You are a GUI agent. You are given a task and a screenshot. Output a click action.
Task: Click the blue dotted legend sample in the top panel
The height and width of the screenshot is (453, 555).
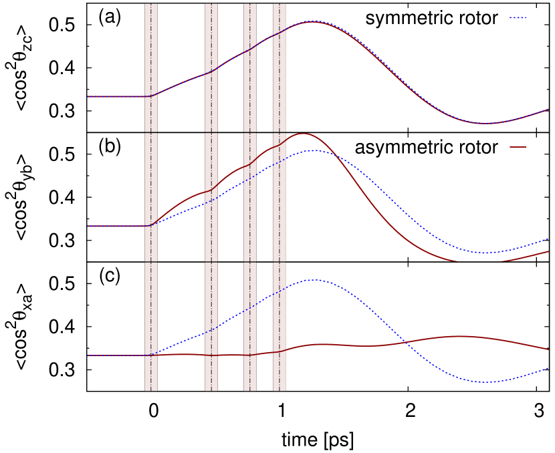pyautogui.click(x=518, y=18)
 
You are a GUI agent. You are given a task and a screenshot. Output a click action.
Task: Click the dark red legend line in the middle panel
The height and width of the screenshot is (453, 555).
pyautogui.click(x=518, y=147)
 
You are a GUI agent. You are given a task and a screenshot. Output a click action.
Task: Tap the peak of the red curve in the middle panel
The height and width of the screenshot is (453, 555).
pyautogui.click(x=302, y=134)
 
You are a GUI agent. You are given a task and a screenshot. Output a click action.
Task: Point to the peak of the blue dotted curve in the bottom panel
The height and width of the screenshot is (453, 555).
pyautogui.click(x=313, y=280)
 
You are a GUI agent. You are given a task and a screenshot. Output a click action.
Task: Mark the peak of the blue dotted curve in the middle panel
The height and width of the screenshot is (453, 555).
pyautogui.click(x=313, y=150)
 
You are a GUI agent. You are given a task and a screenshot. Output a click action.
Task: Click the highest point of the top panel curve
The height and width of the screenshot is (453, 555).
pyautogui.click(x=313, y=21)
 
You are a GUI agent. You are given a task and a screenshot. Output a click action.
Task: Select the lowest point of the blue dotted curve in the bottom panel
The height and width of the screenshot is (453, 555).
pyautogui.click(x=484, y=382)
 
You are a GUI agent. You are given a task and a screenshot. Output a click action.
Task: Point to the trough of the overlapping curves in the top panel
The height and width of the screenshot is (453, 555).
pyautogui.click(x=484, y=124)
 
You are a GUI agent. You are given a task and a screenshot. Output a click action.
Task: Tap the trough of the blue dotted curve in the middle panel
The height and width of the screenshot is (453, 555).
pyautogui.click(x=484, y=253)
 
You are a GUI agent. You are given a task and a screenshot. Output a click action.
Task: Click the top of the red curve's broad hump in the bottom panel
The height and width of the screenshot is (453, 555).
pyautogui.click(x=459, y=336)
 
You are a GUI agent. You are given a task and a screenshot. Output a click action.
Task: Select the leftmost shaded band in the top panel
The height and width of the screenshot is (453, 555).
pyautogui.click(x=151, y=67)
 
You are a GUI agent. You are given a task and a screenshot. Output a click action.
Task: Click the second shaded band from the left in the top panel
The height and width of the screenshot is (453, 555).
pyautogui.click(x=211, y=67)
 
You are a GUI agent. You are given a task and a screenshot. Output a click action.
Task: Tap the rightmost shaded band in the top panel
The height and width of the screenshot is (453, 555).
pyautogui.click(x=280, y=67)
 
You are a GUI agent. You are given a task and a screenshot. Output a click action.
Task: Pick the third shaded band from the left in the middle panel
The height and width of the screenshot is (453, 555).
pyautogui.click(x=250, y=197)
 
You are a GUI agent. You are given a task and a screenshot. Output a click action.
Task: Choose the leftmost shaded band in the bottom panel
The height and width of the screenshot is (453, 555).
pyautogui.click(x=151, y=326)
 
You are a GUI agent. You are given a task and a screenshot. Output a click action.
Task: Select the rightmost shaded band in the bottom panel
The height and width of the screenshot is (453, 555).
pyautogui.click(x=280, y=326)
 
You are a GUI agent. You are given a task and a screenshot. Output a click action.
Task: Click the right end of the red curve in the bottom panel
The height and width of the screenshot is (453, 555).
pyautogui.click(x=548, y=349)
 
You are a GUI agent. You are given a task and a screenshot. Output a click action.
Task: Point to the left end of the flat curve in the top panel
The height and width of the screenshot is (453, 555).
pyautogui.click(x=88, y=97)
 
